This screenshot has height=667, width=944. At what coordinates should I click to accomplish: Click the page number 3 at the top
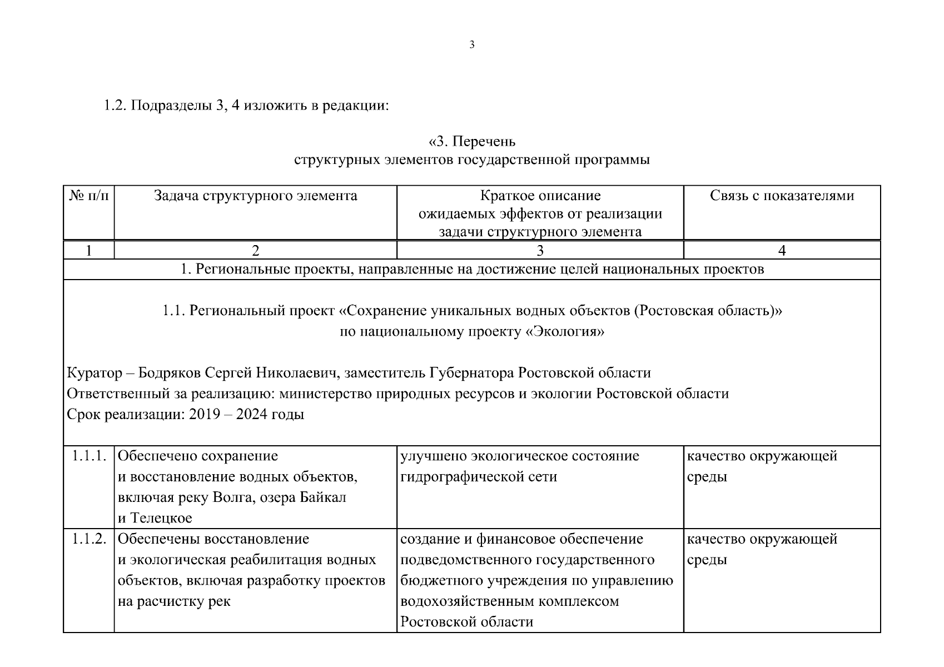(x=472, y=45)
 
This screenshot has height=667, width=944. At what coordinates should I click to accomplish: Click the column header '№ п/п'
(x=89, y=196)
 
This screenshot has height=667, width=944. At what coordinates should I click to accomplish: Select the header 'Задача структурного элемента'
(x=255, y=196)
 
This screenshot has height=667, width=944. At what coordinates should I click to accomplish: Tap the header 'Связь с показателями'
(x=782, y=196)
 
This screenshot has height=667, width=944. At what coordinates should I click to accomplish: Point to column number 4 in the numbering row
(x=782, y=251)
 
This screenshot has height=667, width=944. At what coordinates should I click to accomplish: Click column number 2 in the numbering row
(x=255, y=251)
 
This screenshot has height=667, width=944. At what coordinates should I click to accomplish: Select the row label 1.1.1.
(x=89, y=456)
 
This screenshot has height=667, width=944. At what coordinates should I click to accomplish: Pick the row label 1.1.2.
(x=89, y=539)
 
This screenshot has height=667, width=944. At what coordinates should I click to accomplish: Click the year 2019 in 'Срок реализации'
(x=205, y=415)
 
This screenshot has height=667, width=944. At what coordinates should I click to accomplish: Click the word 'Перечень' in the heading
(x=484, y=142)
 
